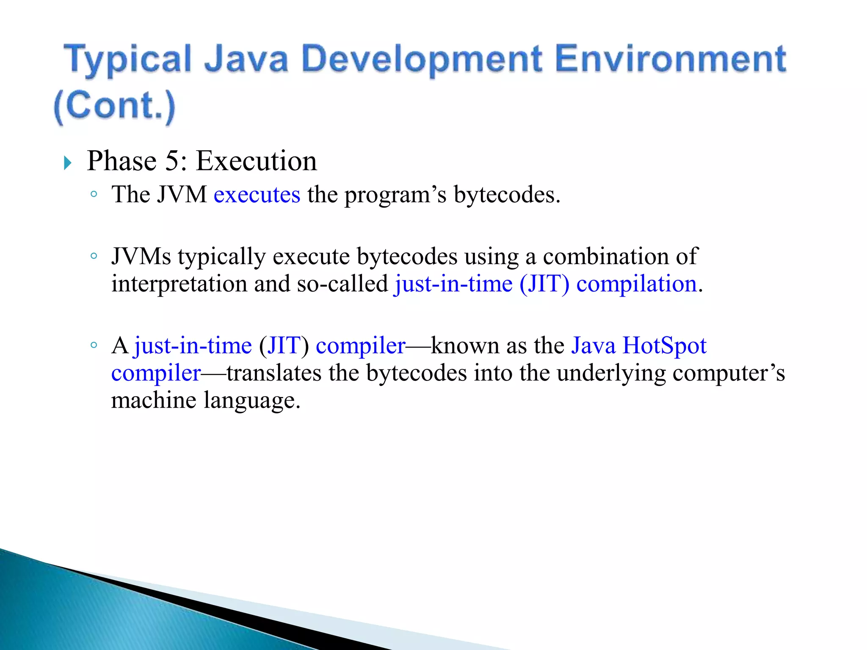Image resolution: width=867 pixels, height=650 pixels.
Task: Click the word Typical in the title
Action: [x=127, y=59]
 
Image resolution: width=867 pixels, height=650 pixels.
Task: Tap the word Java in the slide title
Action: [x=246, y=59]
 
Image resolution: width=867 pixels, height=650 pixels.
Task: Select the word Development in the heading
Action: [x=422, y=59]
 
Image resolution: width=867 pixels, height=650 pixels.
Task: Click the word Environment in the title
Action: [x=670, y=59]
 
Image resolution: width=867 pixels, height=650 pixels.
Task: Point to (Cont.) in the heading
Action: [x=115, y=106]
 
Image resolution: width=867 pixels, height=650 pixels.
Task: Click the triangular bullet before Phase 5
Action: [x=68, y=162]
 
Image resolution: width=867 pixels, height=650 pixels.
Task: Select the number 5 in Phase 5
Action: [x=172, y=161]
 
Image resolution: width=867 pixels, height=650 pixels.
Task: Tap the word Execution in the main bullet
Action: [x=257, y=161]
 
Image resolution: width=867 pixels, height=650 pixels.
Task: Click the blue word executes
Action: [x=257, y=195]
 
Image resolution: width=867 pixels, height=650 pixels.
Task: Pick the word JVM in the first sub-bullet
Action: [x=182, y=195]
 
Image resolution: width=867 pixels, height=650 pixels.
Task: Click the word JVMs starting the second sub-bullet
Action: [x=141, y=257]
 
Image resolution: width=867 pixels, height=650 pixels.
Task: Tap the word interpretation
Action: [x=179, y=284]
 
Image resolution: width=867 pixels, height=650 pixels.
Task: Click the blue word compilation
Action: [x=636, y=284]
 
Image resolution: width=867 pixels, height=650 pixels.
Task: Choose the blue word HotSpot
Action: [x=664, y=346]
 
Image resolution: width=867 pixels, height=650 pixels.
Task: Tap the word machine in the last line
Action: [x=154, y=400]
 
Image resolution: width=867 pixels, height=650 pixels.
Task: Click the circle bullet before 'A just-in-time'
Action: [x=94, y=345]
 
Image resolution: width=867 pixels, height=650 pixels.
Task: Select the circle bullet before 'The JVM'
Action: [x=94, y=195]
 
